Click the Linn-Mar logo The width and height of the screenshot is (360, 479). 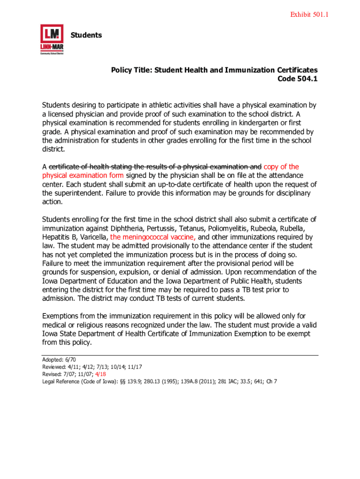click(x=51, y=40)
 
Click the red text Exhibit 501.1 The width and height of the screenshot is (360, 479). click(x=310, y=15)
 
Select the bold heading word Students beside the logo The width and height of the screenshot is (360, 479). click(x=86, y=35)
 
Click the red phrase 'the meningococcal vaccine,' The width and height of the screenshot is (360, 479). click(x=153, y=237)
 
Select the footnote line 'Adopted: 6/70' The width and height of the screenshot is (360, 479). click(x=59, y=360)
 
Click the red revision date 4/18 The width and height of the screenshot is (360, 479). click(x=100, y=374)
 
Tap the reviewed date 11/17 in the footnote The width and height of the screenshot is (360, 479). click(x=135, y=367)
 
